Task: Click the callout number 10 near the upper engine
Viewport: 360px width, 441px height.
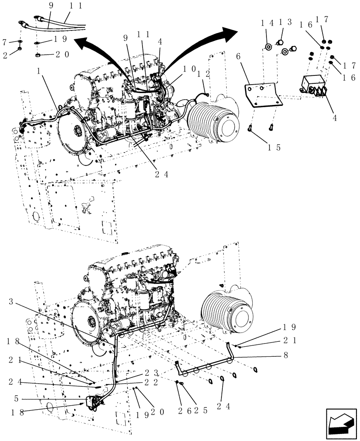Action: click(x=188, y=69)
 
